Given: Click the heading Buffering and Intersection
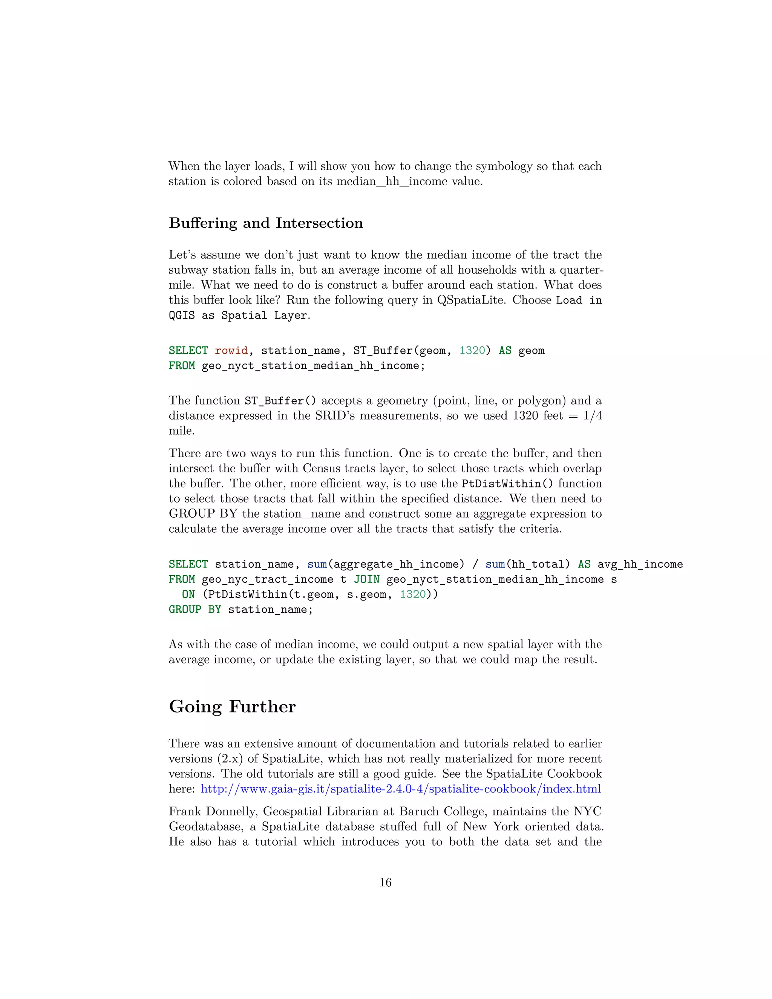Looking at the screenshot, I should (266, 223).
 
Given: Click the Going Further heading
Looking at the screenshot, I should (232, 707).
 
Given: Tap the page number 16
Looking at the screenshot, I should (386, 883).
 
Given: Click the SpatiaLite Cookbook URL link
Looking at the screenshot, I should (401, 789).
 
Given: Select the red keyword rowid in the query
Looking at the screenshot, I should (231, 351).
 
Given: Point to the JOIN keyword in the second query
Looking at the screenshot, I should (366, 579).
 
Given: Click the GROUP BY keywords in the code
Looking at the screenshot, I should (195, 610).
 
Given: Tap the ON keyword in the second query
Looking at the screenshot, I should (188, 594).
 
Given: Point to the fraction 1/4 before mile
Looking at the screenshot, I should (592, 416).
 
